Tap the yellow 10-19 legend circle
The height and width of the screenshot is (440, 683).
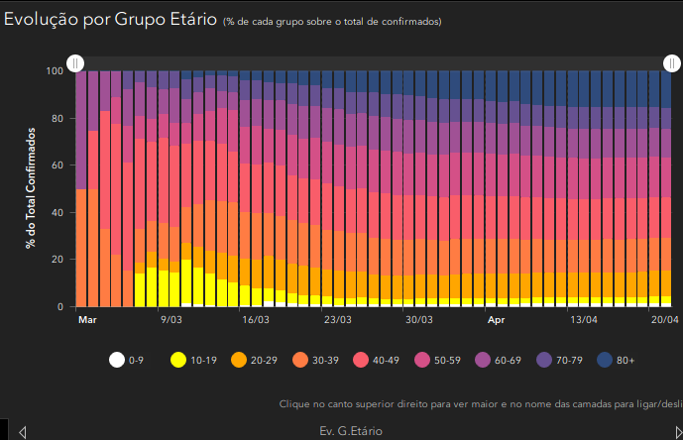point(179,361)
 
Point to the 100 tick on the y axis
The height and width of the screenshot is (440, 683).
point(55,71)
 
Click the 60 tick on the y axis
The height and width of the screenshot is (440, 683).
point(57,165)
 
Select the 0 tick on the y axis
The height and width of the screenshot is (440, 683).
point(60,307)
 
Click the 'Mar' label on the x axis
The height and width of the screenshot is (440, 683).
point(87,320)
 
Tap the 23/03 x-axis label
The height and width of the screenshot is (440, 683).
point(337,320)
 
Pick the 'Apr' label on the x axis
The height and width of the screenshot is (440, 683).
point(496,320)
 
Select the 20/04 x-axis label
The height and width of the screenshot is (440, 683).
point(664,320)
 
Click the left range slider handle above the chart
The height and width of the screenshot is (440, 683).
point(74,63)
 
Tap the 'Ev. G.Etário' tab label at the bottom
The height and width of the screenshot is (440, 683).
point(350,431)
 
